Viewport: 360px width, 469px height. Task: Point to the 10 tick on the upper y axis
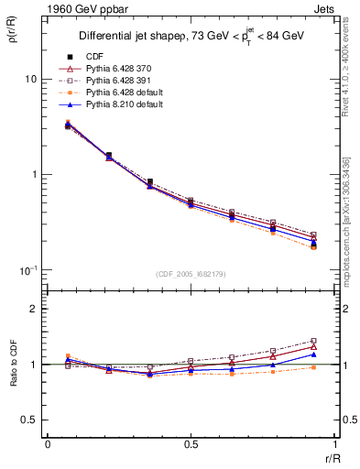click(29, 79)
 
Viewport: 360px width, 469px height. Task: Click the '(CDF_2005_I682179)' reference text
click(191, 274)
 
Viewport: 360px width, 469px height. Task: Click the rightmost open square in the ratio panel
click(313, 341)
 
